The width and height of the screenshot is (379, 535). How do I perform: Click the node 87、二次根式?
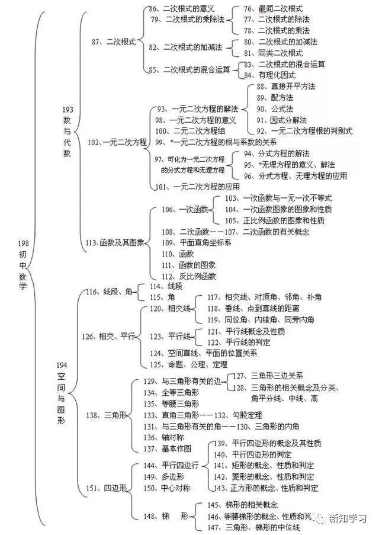pyautogui.click(x=114, y=43)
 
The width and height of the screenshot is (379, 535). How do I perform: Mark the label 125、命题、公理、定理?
pyautogui.click(x=188, y=364)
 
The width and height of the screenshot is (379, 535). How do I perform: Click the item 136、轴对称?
pyautogui.click(x=167, y=437)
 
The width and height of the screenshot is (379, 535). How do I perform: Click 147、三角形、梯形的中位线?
pyautogui.click(x=253, y=526)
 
